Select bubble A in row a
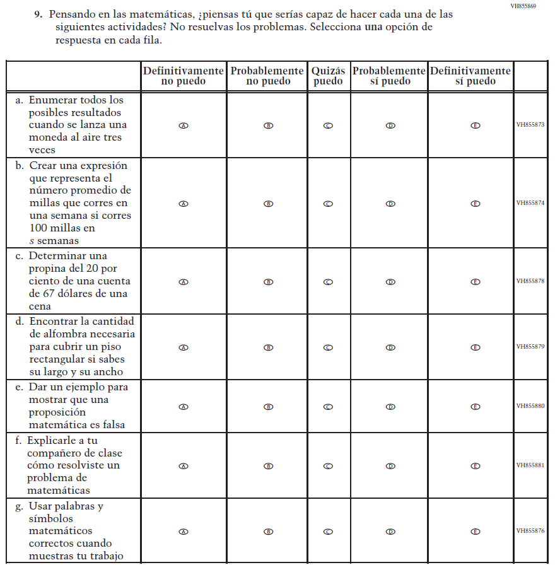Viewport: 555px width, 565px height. point(184,125)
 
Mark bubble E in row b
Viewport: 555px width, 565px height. point(476,204)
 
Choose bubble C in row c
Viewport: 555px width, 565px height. point(328,282)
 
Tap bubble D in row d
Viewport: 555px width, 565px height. point(390,347)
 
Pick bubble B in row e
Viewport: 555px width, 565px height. point(268,407)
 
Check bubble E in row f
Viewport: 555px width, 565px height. point(476,466)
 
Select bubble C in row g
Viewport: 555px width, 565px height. point(328,532)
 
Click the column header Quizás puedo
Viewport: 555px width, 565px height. point(328,76)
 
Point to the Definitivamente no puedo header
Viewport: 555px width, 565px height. point(184,76)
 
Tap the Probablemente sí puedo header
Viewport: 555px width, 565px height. point(389,76)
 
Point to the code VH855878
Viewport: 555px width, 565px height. point(530,281)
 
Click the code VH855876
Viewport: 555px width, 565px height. point(530,531)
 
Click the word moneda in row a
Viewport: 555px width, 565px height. point(48,137)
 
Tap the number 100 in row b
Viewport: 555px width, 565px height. point(40,228)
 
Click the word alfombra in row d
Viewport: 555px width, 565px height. point(58,334)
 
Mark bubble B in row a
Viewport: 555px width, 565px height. point(268,125)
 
